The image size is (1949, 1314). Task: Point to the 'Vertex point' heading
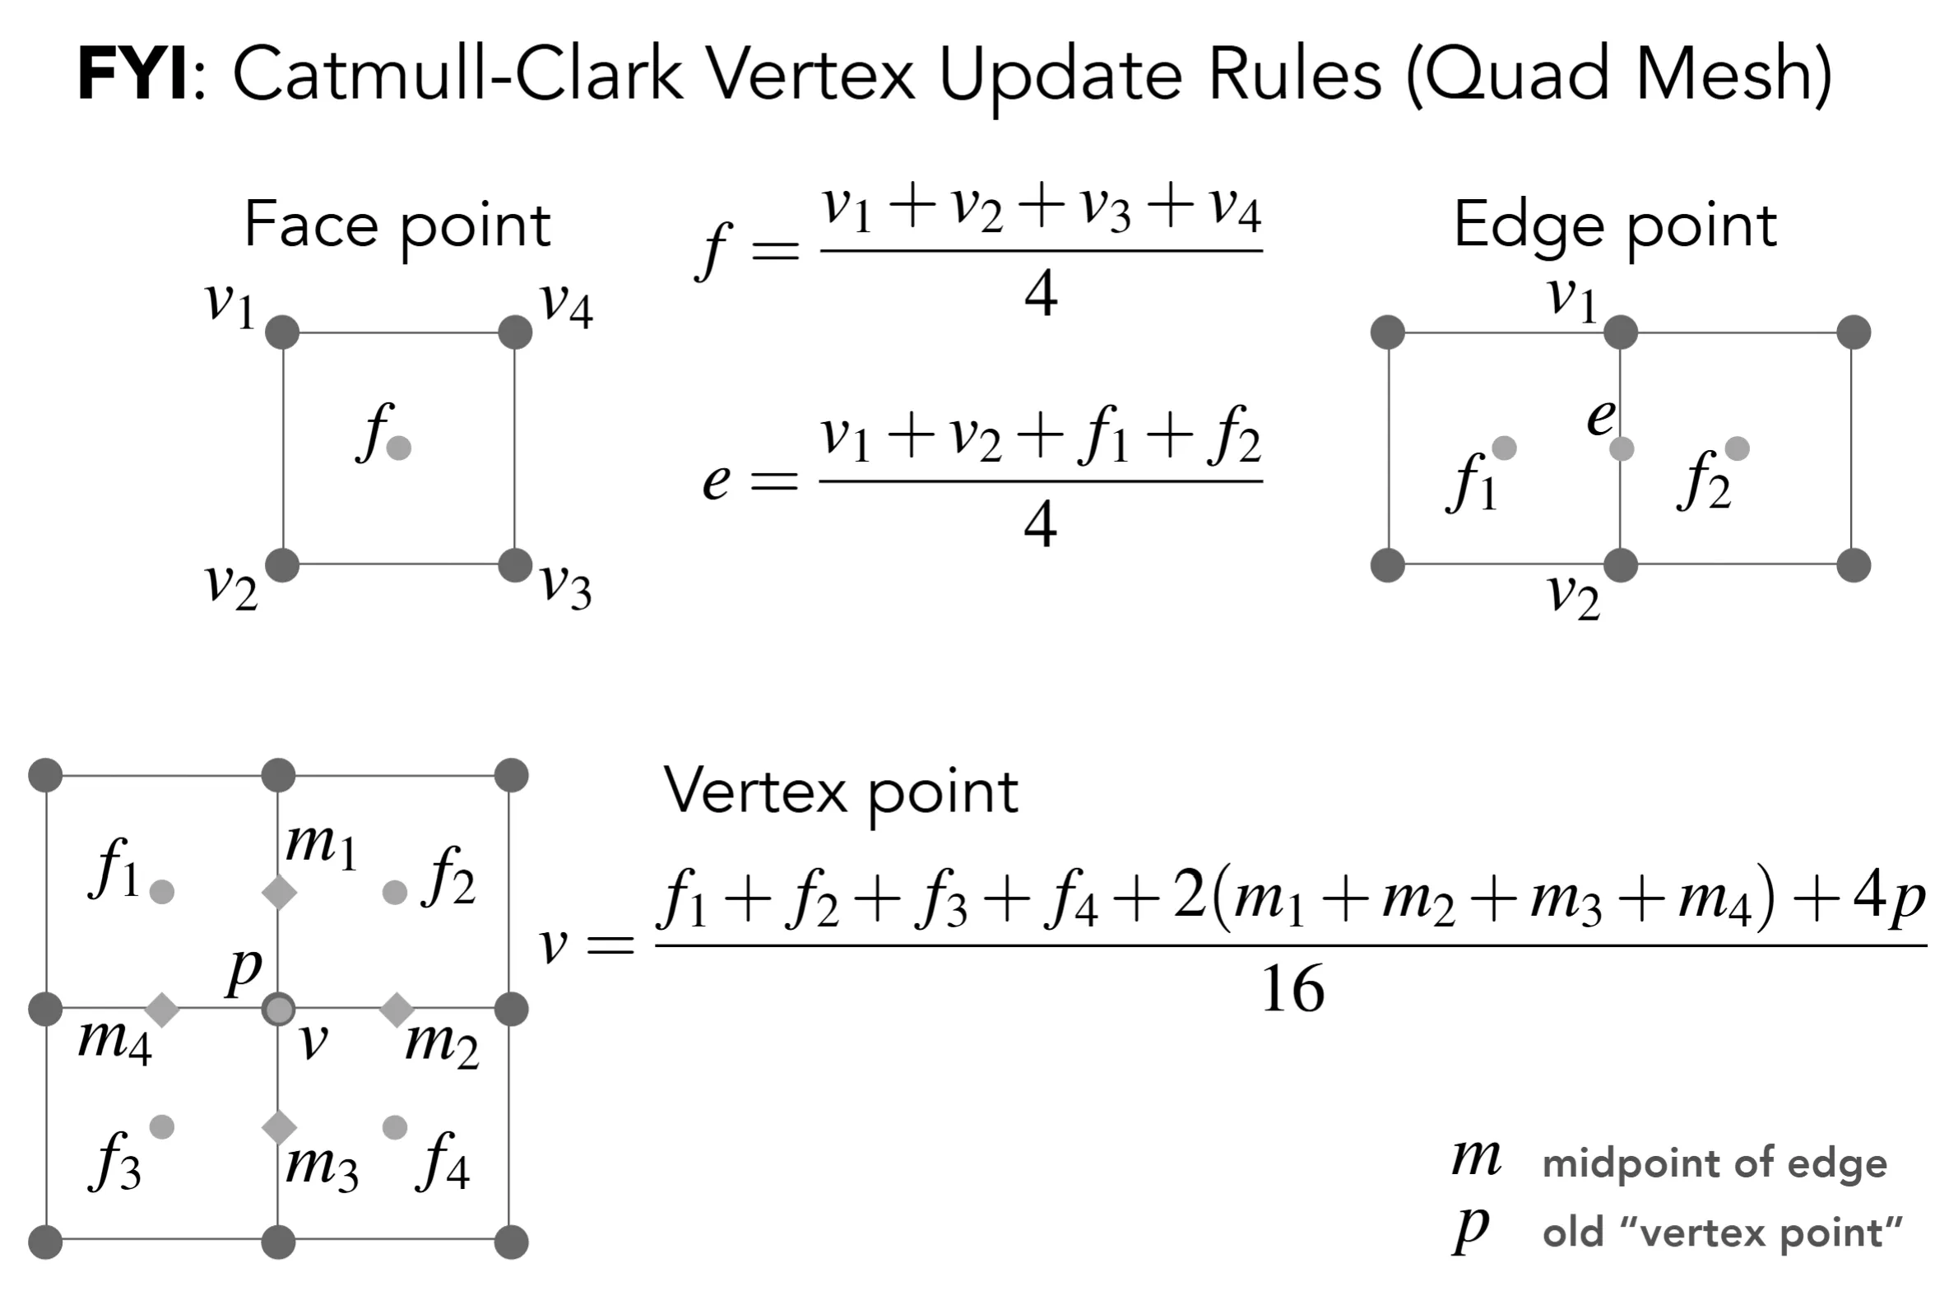[x=841, y=792]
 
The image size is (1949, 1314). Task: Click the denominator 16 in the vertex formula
[x=1292, y=989]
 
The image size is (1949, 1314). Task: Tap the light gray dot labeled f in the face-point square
[x=399, y=448]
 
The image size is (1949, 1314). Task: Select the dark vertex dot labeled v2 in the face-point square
[x=282, y=564]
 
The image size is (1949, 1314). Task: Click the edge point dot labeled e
[x=1622, y=448]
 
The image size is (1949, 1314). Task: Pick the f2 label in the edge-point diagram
[x=1705, y=481]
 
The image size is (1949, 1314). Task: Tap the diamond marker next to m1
[x=279, y=892]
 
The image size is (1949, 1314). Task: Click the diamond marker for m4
[x=163, y=1009]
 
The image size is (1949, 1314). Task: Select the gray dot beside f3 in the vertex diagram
[x=162, y=1127]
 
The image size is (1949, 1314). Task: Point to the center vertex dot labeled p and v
[x=278, y=1009]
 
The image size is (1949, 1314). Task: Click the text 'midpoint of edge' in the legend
[x=1715, y=1163]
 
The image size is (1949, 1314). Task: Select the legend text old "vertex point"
[x=1723, y=1233]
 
